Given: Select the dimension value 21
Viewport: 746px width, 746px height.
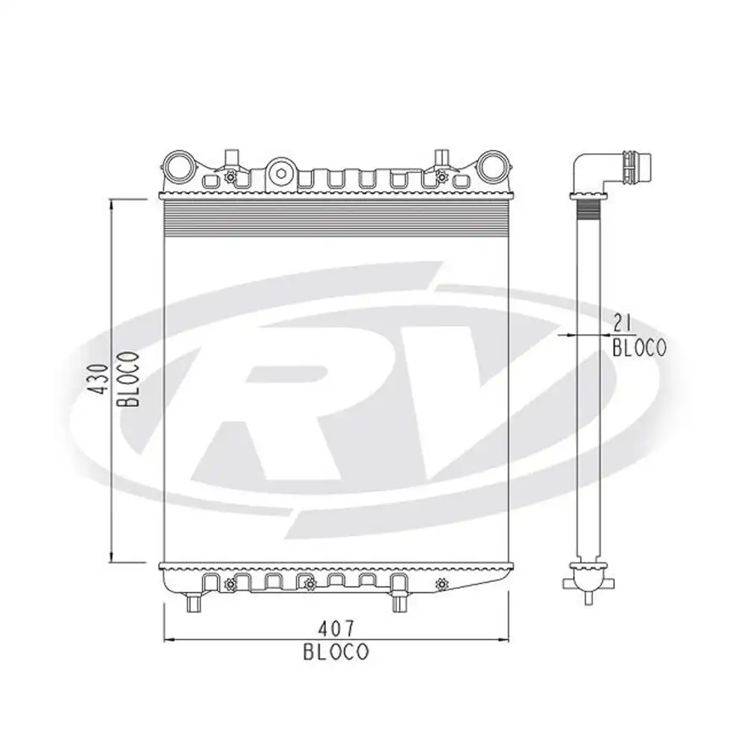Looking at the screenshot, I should pos(623,323).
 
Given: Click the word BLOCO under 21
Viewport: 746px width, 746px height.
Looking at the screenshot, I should pos(639,347).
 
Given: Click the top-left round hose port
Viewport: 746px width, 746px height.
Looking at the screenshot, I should pos(178,166).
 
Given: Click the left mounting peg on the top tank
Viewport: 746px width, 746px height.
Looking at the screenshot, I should pos(232,157).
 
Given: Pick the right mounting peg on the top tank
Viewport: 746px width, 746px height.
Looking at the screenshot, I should pos(442,157).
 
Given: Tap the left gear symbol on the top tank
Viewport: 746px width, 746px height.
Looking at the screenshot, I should pos(230,177).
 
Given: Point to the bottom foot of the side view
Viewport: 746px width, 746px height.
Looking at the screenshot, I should pos(588,595).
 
